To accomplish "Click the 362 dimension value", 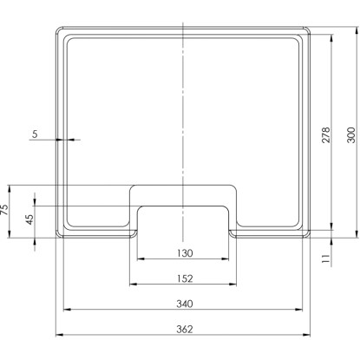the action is tap(185, 329).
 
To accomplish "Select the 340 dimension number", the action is tap(185, 304).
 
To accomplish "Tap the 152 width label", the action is tap(185, 278).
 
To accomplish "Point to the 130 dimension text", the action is tap(185, 253).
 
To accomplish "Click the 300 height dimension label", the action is tap(351, 134).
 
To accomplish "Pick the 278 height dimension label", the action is tap(326, 134).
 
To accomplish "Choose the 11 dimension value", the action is tap(326, 259).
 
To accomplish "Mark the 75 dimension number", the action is tap(5, 209).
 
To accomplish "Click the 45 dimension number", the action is tap(30, 219).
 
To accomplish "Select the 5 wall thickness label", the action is tap(35, 134).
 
